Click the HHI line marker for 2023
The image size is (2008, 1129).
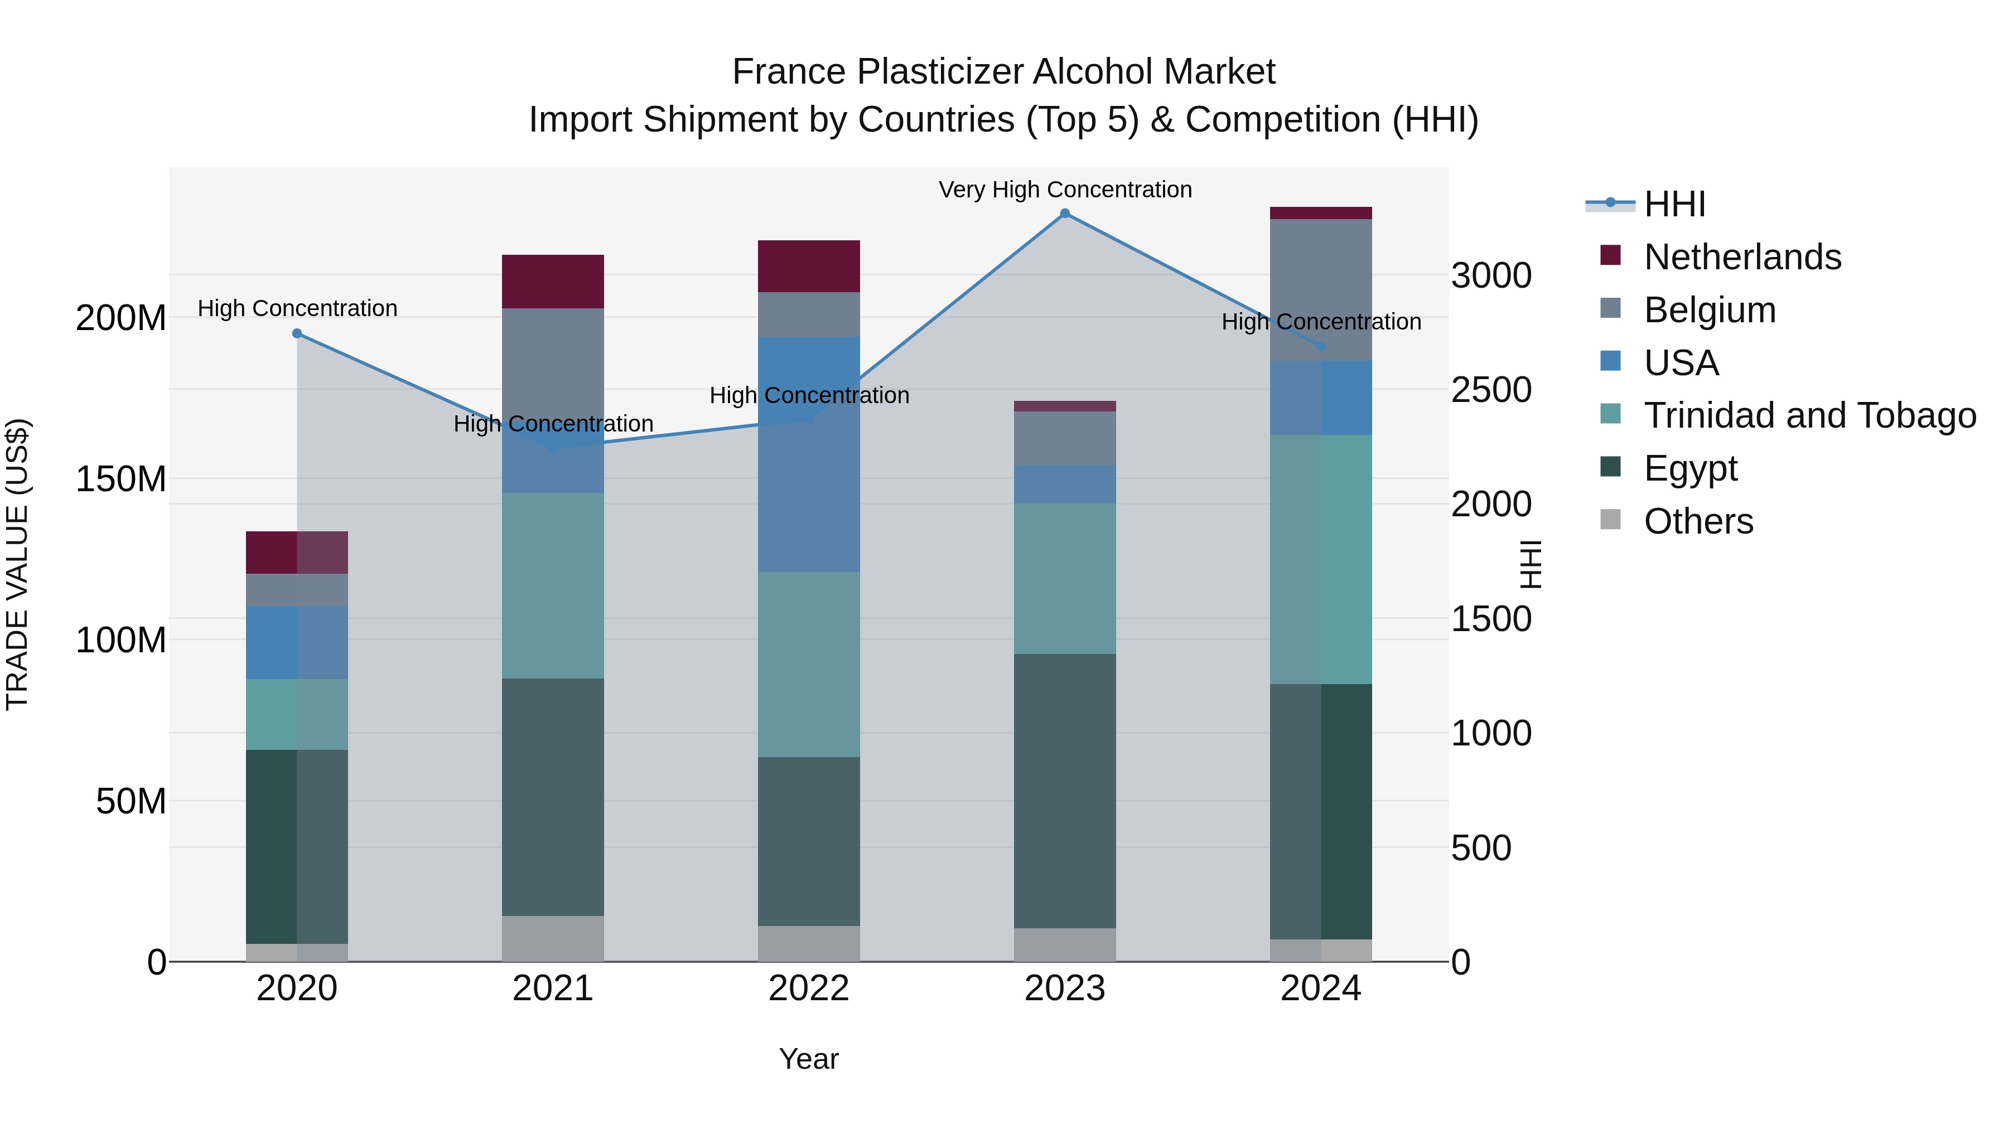coord(1065,214)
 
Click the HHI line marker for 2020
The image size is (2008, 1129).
coord(297,333)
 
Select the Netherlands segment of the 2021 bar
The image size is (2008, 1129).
coord(553,282)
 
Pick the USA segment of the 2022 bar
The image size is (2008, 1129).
coord(809,454)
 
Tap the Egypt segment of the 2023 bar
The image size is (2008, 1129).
coord(1065,791)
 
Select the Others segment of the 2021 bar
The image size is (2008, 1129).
coord(553,938)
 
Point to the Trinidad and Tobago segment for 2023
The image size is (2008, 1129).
coord(1065,578)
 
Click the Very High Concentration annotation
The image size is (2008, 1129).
coord(1065,190)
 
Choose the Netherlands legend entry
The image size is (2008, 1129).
coord(1742,257)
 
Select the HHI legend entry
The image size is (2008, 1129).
coord(1674,204)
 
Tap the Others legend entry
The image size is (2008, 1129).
coord(1698,521)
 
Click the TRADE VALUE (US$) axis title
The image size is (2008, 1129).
coord(17,564)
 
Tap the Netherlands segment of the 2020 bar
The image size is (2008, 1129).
coord(297,553)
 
